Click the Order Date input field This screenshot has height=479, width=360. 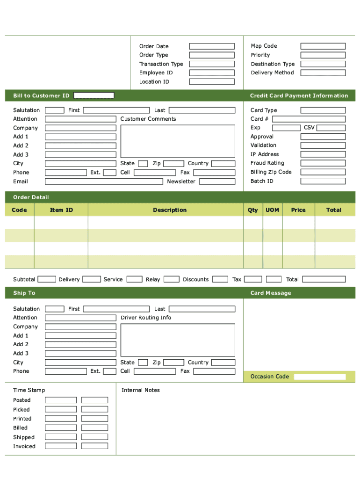[x=212, y=46]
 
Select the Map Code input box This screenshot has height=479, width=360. [x=323, y=46]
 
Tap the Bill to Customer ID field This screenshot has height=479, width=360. [x=94, y=95]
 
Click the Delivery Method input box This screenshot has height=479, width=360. [x=323, y=73]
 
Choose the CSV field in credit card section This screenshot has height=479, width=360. [x=331, y=128]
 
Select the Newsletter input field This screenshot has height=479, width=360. [x=216, y=181]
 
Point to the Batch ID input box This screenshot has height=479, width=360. [x=323, y=181]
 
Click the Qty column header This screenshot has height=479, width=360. [x=253, y=210]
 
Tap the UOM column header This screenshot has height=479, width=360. [x=273, y=210]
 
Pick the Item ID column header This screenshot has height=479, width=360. [x=61, y=210]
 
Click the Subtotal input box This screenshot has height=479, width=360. [x=47, y=279]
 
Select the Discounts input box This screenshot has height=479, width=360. [x=220, y=279]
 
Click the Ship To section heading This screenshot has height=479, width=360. [x=24, y=293]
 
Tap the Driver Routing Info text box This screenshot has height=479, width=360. [x=178, y=340]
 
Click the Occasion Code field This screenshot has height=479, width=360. [x=320, y=377]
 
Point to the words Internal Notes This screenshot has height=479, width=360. [x=141, y=390]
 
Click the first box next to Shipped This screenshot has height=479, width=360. [x=61, y=437]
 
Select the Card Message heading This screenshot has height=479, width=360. [x=271, y=293]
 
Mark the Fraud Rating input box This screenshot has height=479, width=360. [x=323, y=163]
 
